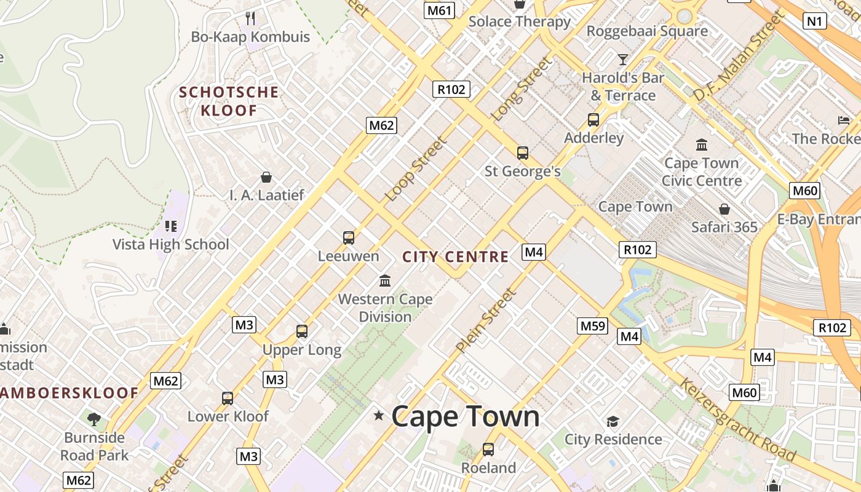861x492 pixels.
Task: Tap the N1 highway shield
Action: click(x=814, y=22)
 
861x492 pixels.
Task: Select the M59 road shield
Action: click(x=593, y=326)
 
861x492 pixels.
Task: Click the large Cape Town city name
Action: click(x=465, y=417)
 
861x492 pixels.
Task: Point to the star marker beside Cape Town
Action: click(x=379, y=416)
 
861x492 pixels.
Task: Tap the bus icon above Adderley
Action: click(x=593, y=120)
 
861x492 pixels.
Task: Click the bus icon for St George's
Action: click(x=523, y=153)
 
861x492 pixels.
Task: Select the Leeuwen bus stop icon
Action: click(x=349, y=237)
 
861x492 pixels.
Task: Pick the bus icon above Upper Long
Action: click(x=302, y=331)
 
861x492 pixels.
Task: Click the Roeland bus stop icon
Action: click(x=488, y=450)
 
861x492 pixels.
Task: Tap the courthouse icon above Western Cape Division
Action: click(x=386, y=281)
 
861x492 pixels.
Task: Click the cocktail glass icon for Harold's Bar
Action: click(x=623, y=60)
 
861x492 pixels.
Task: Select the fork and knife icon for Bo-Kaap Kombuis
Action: click(x=250, y=18)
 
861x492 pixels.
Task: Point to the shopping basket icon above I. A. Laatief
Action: click(x=267, y=178)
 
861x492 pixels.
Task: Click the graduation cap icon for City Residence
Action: click(x=613, y=421)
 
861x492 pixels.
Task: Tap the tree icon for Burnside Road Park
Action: click(x=94, y=419)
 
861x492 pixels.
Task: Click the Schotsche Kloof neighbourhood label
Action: click(x=229, y=101)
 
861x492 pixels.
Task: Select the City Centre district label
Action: click(x=455, y=257)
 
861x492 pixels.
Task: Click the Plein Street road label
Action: click(x=486, y=321)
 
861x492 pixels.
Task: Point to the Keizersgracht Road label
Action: click(x=737, y=420)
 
